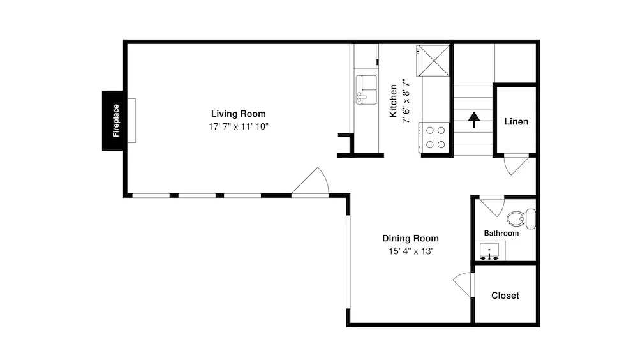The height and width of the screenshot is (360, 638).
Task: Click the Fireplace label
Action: coord(116,121)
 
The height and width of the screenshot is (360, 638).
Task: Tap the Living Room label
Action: coord(238,114)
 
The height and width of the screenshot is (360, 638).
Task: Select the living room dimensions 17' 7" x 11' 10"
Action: coord(239,126)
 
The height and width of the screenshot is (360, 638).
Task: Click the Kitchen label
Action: coord(393,101)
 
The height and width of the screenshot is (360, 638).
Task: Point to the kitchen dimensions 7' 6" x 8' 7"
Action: coord(406,101)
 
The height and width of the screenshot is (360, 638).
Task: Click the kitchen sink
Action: coord(366,89)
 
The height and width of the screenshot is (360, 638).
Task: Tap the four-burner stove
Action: coord(435,138)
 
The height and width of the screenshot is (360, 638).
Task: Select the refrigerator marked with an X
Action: coord(434,61)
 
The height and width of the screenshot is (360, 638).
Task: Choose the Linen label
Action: coord(516,121)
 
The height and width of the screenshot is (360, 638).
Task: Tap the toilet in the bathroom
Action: coord(521,218)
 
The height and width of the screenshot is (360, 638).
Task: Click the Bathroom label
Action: coord(501,234)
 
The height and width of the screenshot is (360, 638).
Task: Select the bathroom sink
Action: coord(490,251)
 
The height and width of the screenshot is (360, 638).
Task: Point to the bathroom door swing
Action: coord(492,206)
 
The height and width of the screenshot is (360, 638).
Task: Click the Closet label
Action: coord(505,296)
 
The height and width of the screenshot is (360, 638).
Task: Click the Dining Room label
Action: coord(410,238)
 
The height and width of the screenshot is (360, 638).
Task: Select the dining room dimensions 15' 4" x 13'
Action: coord(410,251)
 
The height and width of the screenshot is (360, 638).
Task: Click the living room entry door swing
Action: coord(310,182)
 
